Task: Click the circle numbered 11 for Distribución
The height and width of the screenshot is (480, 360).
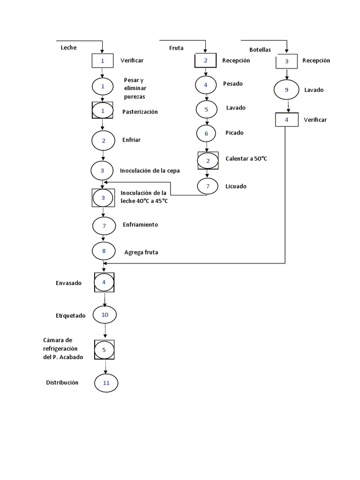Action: click(x=106, y=383)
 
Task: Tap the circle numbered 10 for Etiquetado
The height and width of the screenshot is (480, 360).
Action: click(x=105, y=315)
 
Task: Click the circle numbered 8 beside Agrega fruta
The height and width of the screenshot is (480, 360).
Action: click(x=104, y=251)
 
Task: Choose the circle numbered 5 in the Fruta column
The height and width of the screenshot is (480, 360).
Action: click(x=206, y=109)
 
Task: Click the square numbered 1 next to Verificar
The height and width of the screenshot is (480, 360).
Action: click(x=102, y=60)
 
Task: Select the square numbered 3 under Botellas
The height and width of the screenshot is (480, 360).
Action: click(x=287, y=61)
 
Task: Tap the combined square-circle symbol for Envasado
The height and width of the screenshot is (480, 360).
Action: click(x=104, y=283)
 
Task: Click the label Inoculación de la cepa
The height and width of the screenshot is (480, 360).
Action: click(x=150, y=171)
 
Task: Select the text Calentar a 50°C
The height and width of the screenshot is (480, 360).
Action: click(x=246, y=159)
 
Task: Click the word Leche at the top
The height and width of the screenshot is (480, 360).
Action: click(x=68, y=48)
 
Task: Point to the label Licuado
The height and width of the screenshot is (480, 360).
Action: click(x=236, y=186)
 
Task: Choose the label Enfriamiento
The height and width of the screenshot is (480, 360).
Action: click(x=140, y=225)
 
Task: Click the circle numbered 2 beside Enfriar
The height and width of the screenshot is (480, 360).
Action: click(x=104, y=141)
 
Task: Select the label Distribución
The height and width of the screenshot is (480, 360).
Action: click(x=62, y=382)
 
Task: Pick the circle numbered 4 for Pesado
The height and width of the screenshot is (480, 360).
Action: click(x=206, y=85)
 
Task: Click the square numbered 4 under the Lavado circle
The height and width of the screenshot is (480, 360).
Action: click(x=286, y=120)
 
